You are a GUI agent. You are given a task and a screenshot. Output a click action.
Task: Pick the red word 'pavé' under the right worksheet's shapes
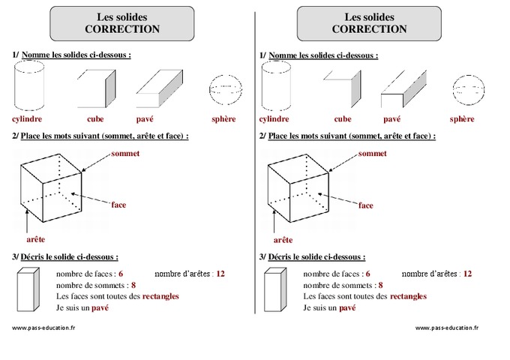(x=391, y=118)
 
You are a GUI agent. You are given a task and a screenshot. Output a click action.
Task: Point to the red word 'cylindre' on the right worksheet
(x=274, y=118)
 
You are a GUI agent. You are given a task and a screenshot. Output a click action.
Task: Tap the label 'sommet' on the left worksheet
(x=124, y=154)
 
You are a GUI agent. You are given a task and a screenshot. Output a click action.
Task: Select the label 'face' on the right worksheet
(x=366, y=204)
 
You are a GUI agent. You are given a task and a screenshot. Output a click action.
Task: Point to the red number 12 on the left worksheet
(x=220, y=274)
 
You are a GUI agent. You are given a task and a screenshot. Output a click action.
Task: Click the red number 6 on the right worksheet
(x=368, y=274)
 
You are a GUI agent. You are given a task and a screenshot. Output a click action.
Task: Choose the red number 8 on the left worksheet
(x=133, y=285)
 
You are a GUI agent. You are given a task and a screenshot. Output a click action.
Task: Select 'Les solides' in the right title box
(x=370, y=16)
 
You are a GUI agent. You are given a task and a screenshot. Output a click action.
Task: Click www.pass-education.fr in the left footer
(x=44, y=328)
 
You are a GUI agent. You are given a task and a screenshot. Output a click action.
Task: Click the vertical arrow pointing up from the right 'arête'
(x=274, y=220)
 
